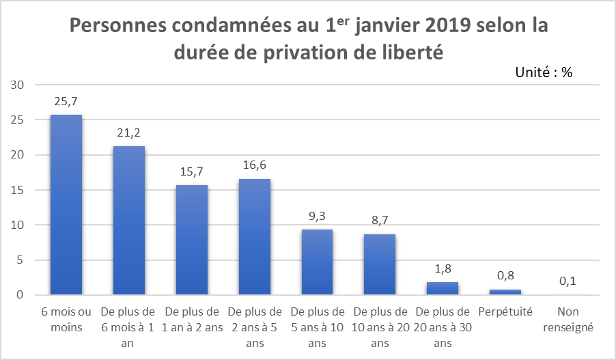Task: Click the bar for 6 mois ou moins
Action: pos(66,205)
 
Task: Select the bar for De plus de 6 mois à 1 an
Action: pos(129,221)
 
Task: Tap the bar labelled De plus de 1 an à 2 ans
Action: pos(192,240)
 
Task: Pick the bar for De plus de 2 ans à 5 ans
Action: pos(255,237)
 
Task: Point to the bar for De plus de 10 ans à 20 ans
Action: pos(380,264)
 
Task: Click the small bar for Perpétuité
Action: pos(505,292)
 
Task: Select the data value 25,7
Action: pos(66,101)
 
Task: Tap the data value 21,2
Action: pos(129,133)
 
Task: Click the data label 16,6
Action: pos(255,165)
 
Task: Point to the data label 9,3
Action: pos(317,216)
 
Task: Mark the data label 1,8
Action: pos(443,268)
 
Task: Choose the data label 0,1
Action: pos(568,281)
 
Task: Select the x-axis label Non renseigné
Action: pos(568,319)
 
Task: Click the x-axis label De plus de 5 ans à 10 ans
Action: pos(317,327)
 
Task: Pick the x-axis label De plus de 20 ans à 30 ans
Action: pos(443,327)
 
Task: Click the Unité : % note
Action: pos(544,73)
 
